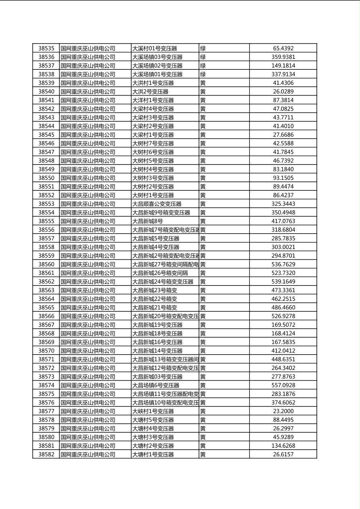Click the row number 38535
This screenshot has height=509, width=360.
(46, 48)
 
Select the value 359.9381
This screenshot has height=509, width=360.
(283, 57)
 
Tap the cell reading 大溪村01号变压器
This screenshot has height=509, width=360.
(155, 48)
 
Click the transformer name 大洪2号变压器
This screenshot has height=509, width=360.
(150, 92)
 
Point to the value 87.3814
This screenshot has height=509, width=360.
(283, 100)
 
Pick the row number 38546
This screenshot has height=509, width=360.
(46, 143)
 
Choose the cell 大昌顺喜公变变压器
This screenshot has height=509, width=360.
(157, 204)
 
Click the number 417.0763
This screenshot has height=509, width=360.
(283, 221)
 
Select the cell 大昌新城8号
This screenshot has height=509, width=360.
(148, 221)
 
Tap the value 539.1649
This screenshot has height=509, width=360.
(283, 282)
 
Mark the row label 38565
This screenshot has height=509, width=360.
(46, 307)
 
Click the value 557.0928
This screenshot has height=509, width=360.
(283, 385)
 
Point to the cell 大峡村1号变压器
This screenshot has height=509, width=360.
(153, 411)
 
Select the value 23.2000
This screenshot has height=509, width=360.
(283, 411)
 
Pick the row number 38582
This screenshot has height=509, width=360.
(46, 454)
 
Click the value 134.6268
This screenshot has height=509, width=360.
(283, 446)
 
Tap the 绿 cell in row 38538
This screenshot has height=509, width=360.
(203, 74)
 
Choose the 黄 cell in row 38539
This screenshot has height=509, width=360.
(203, 83)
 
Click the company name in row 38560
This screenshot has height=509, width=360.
(88, 264)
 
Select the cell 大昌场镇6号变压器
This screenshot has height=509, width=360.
(156, 385)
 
